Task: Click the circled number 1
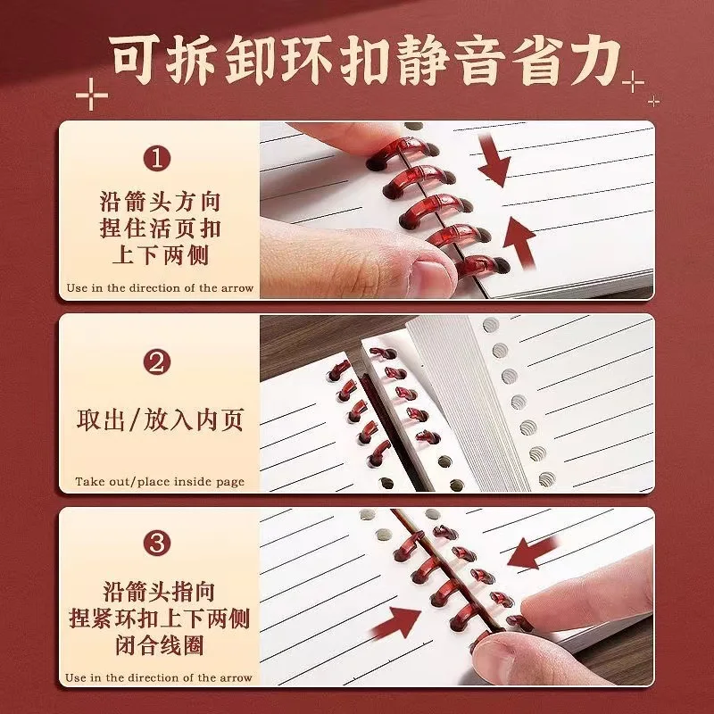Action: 157,159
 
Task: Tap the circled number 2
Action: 157,362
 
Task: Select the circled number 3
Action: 157,543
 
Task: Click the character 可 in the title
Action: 136,59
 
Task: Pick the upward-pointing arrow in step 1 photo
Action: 519,241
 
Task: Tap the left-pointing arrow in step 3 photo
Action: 533,552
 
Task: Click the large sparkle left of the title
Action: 92,95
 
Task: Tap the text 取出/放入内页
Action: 160,419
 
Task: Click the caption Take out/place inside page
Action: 160,481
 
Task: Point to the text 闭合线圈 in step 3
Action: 160,644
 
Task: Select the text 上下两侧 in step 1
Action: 160,254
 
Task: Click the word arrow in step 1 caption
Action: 237,288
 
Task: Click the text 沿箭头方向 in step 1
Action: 160,202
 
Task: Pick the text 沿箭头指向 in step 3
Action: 159,592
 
